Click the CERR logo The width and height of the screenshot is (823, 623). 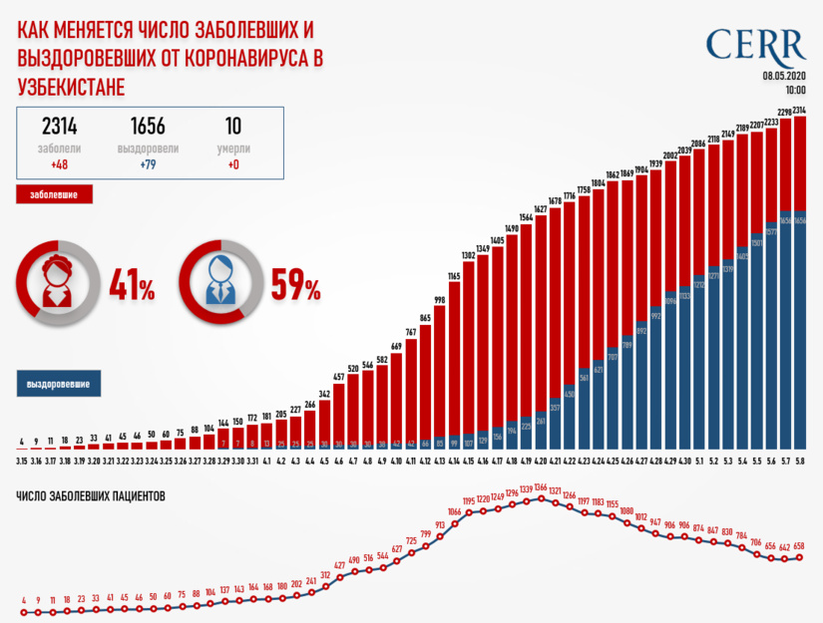click(755, 44)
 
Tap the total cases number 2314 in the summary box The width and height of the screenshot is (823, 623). click(60, 127)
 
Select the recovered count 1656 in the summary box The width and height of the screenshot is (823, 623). click(148, 127)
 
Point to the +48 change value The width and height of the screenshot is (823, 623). click(60, 164)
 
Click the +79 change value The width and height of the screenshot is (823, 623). click(148, 164)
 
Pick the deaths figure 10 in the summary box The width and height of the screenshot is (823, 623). click(233, 127)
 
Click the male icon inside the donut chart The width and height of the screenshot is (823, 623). click(217, 280)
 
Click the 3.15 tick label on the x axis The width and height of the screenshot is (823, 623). click(21, 462)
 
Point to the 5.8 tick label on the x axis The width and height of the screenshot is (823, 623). click(799, 462)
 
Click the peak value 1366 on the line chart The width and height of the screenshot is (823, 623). click(542, 487)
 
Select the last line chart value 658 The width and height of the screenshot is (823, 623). click(798, 546)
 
